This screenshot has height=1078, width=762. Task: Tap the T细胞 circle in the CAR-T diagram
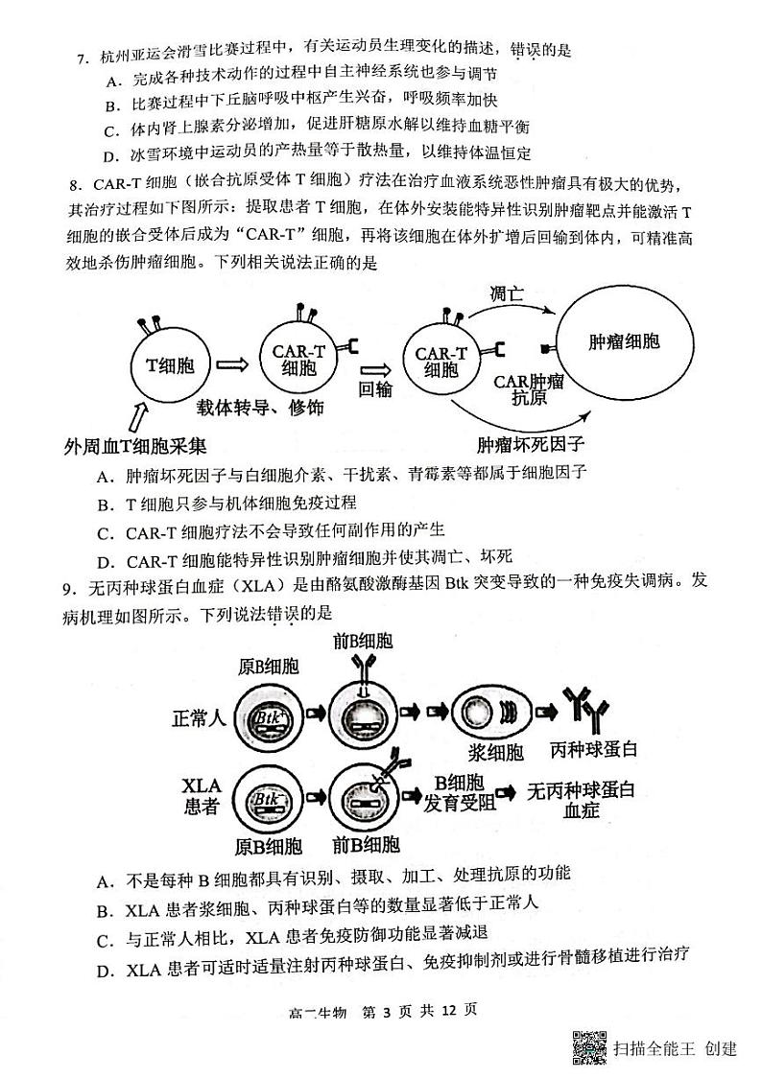(169, 364)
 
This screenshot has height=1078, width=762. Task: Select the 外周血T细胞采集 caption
(133, 447)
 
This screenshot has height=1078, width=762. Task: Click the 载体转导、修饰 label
(260, 407)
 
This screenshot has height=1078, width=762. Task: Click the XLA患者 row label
(201, 796)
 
